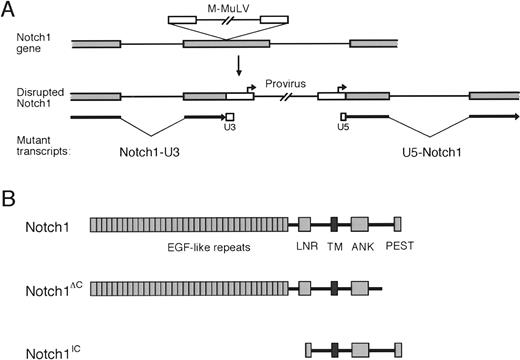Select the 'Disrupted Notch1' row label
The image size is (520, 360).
click(x=37, y=104)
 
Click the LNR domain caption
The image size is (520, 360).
click(x=305, y=246)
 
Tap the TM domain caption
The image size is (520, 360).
click(x=334, y=246)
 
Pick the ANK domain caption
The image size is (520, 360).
click(x=361, y=246)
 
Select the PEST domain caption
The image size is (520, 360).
click(x=398, y=246)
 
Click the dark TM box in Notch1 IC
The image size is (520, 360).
click(x=334, y=349)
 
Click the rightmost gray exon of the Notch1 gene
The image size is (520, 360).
click(x=374, y=44)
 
